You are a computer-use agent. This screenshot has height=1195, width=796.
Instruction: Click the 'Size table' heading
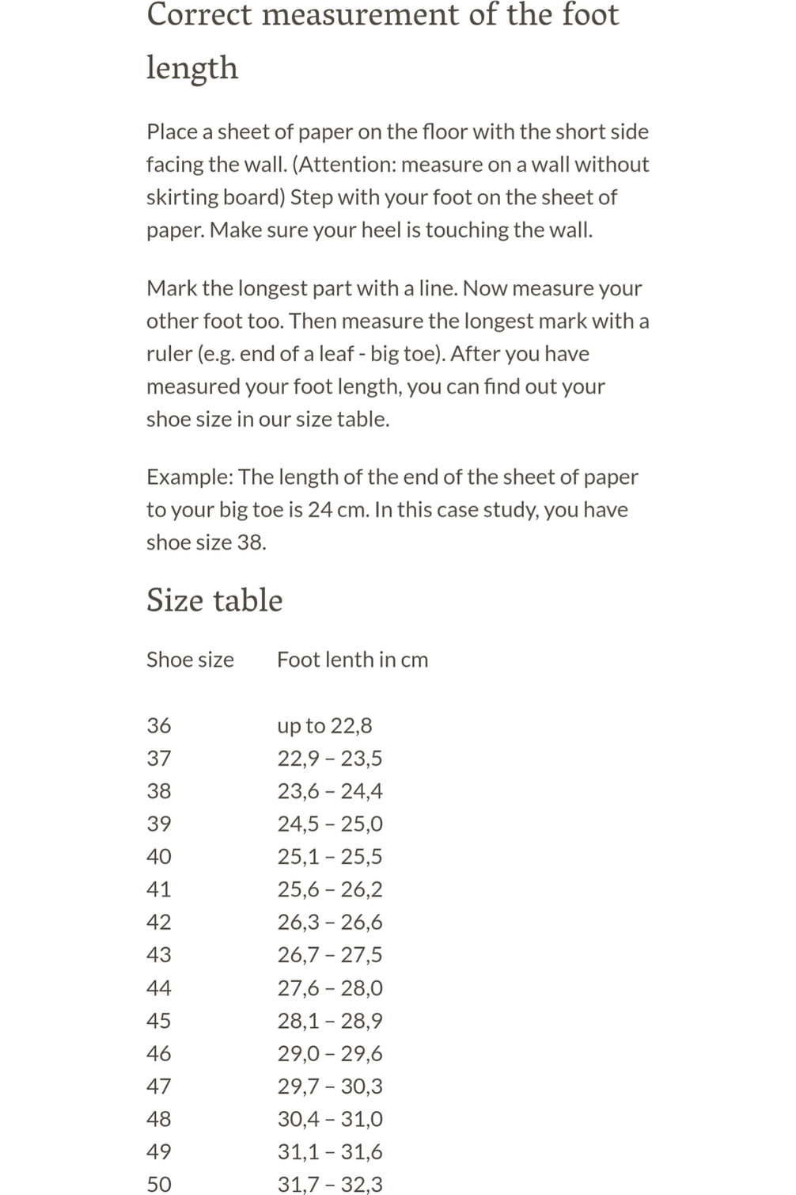point(214,600)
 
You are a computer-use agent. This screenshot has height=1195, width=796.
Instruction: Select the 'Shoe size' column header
point(190,660)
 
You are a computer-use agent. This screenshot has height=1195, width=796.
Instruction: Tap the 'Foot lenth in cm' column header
point(352,660)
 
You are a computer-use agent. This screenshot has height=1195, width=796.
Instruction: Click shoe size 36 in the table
point(159,725)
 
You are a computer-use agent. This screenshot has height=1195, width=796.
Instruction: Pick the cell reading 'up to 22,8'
point(324,725)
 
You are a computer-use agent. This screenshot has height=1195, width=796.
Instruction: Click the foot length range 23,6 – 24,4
point(330,791)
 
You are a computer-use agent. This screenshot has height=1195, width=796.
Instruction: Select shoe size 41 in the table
point(159,889)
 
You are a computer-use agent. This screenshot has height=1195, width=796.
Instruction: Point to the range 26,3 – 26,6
point(330,922)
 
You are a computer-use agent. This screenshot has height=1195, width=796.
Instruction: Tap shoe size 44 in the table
point(159,988)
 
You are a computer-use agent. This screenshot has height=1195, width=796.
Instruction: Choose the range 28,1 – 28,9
point(330,1021)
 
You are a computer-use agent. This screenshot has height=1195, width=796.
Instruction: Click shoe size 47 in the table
point(159,1086)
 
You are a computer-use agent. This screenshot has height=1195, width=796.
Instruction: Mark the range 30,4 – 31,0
point(330,1119)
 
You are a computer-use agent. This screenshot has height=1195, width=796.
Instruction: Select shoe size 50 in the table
point(159,1184)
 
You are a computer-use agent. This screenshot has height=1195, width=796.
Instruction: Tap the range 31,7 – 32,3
point(330,1184)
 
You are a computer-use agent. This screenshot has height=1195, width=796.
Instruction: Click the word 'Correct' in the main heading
point(199,14)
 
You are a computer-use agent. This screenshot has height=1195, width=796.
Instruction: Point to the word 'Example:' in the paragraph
point(189,477)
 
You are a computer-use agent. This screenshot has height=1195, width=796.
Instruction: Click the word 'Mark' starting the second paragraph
point(171,288)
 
